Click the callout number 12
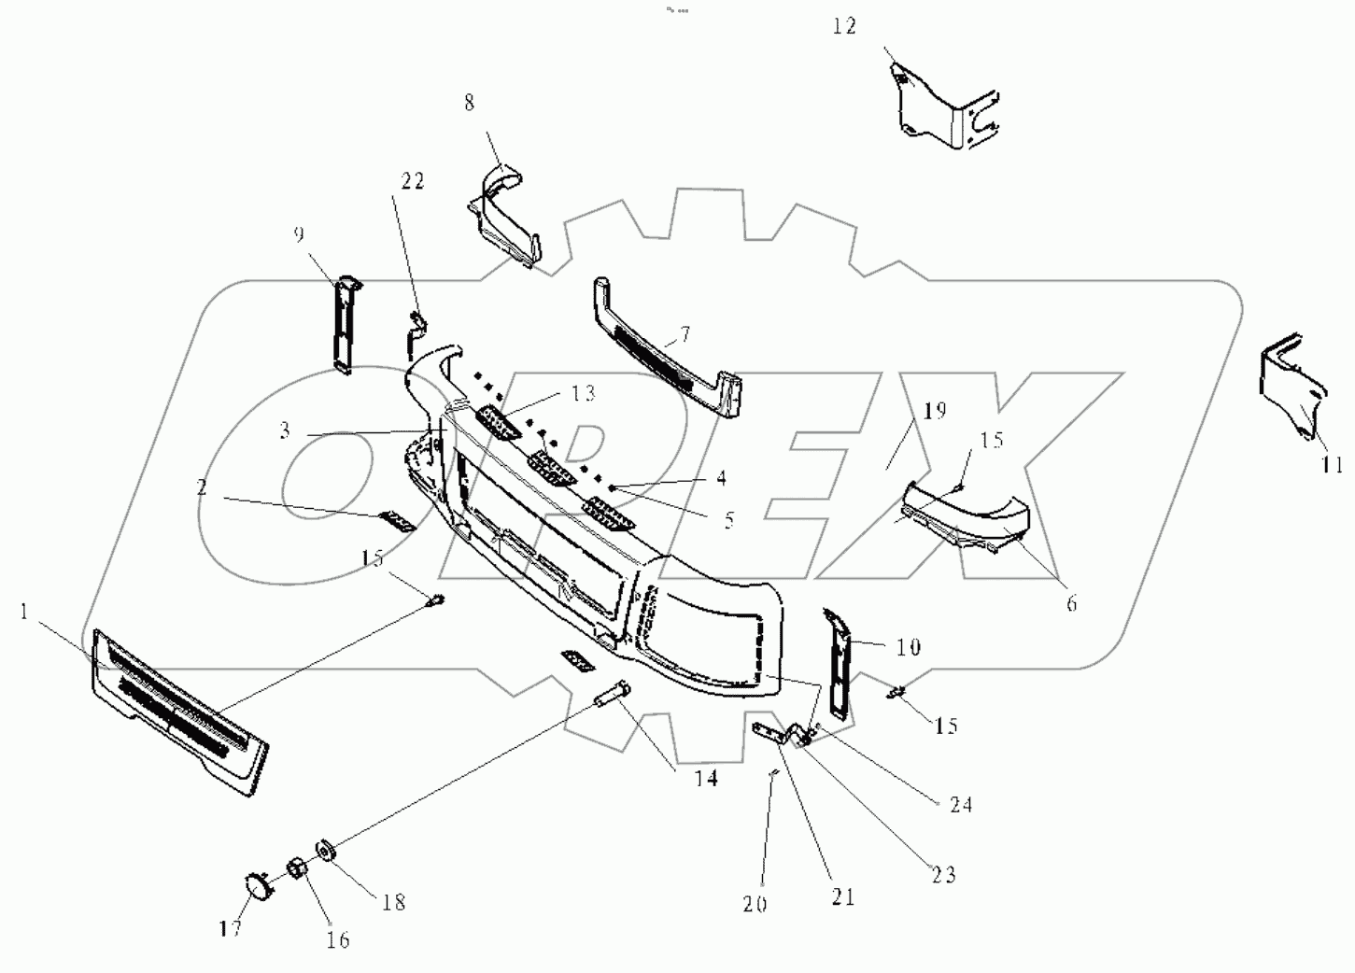tap(844, 26)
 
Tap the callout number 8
tap(469, 103)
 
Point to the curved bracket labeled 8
tap(504, 215)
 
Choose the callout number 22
tap(413, 181)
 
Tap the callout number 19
tap(935, 410)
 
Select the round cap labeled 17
tap(255, 883)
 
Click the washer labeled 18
tap(329, 852)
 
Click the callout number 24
tap(961, 804)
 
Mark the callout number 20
tap(755, 904)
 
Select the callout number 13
tap(583, 393)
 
